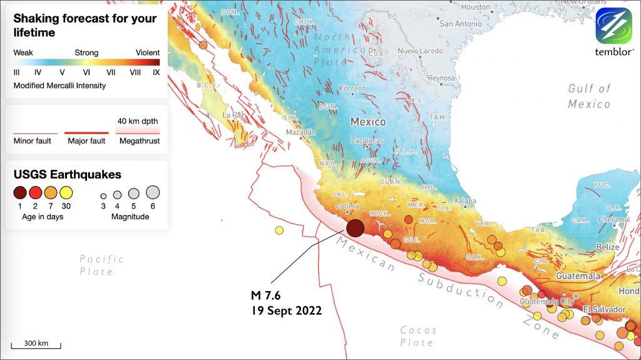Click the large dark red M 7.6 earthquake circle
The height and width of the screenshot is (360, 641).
[x=355, y=228]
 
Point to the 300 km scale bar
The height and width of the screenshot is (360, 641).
[x=36, y=344]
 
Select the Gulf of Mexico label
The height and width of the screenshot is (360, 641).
[x=589, y=96]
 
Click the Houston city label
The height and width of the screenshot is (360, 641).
[x=475, y=7]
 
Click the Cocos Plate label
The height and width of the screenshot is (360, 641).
[x=418, y=336]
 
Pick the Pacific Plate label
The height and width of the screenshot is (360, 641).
[x=101, y=265]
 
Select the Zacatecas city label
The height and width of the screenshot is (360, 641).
[x=367, y=141]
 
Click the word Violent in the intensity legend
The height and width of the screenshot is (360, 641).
[x=147, y=53]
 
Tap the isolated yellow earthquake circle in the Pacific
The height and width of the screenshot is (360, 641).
[x=279, y=230]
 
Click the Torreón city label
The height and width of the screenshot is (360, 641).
[x=354, y=88]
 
